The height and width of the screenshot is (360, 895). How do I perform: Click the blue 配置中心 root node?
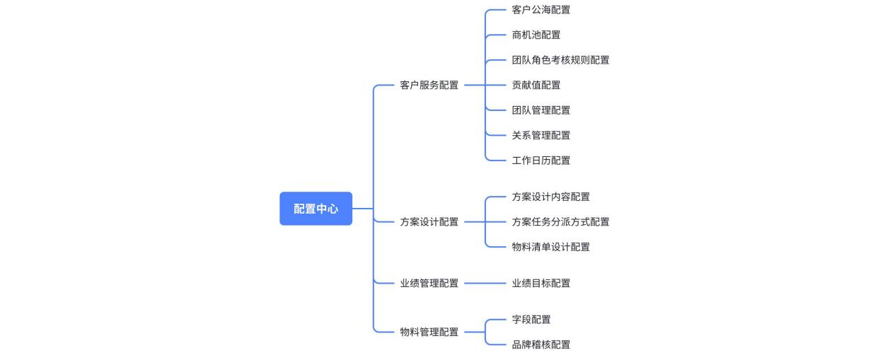click(x=316, y=209)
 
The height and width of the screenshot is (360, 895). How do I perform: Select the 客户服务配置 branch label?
click(x=429, y=85)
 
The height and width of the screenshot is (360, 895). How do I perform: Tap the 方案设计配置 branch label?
click(x=429, y=222)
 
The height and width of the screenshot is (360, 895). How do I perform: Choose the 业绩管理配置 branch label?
click(x=429, y=284)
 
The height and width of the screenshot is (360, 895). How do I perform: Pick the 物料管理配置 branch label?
click(x=429, y=332)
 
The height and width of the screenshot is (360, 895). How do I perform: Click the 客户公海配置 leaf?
click(x=541, y=10)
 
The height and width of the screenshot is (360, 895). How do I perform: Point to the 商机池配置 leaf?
click(x=536, y=35)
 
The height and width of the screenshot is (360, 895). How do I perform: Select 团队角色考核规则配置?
click(x=560, y=60)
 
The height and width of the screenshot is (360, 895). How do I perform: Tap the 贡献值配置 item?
click(x=536, y=85)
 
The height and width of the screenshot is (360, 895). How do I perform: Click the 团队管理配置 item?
click(x=541, y=110)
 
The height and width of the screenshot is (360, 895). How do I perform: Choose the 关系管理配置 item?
click(x=541, y=135)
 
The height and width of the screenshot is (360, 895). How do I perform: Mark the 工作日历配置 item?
click(x=541, y=161)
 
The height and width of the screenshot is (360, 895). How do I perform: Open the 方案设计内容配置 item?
click(x=550, y=197)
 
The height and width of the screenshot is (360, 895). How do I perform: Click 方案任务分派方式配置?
click(x=560, y=222)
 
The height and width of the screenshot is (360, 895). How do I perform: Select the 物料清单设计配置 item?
click(x=550, y=247)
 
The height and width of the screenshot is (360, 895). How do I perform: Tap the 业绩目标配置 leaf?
click(x=541, y=284)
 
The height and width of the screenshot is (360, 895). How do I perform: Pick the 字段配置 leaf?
click(x=531, y=320)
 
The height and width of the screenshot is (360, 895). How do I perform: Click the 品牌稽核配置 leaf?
click(x=541, y=344)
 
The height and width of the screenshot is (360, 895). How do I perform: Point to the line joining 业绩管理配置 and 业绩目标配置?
click(x=485, y=284)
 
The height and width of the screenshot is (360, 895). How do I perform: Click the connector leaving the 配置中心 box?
click(x=362, y=209)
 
